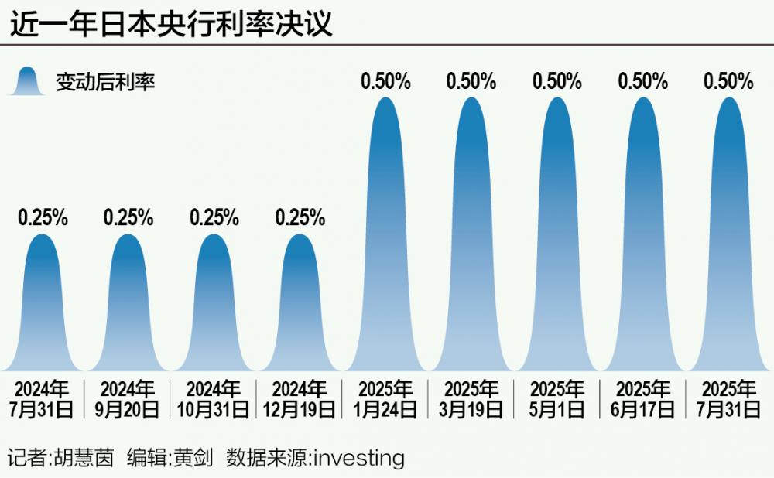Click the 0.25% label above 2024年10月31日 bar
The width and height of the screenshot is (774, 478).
point(214,218)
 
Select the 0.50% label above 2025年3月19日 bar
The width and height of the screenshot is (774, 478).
point(471,80)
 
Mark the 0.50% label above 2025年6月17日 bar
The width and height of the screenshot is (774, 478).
point(642,80)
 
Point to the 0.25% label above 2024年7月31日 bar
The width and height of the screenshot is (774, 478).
point(43,218)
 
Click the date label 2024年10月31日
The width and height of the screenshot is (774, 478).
point(214,399)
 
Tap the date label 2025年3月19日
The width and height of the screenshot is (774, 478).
point(471,399)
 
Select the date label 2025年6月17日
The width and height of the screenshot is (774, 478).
point(642,399)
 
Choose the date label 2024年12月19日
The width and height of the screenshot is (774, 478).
point(300,399)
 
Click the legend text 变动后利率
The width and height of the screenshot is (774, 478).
point(105,81)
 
